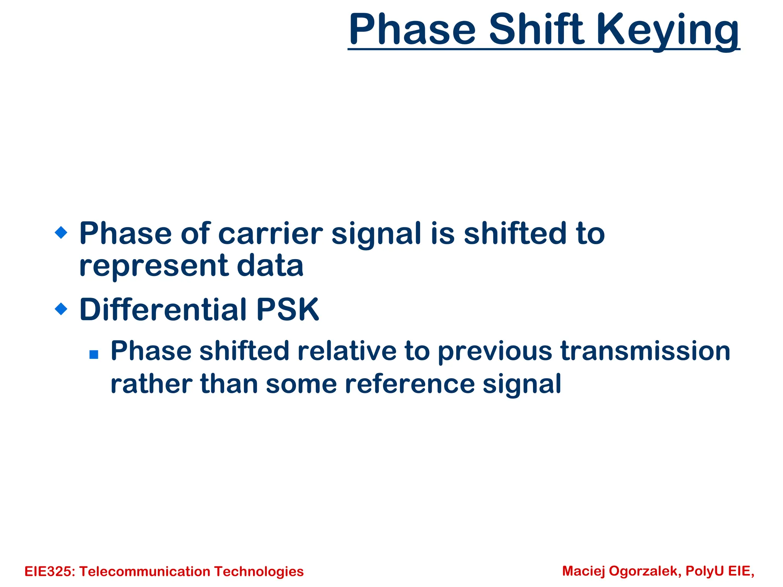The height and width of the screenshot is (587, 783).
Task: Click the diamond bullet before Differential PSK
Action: (61, 308)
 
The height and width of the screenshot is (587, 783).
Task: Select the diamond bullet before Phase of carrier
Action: (61, 232)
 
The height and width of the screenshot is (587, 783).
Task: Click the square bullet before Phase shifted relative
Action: (94, 355)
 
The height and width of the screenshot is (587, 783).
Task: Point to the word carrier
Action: (270, 234)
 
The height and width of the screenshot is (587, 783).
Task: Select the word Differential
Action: (163, 310)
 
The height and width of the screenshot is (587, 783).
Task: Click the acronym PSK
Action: (288, 310)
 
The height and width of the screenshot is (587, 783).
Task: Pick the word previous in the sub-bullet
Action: (495, 352)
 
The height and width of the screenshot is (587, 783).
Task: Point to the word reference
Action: (409, 384)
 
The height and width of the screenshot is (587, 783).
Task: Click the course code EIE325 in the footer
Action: (50, 571)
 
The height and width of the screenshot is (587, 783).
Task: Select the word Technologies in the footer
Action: (259, 571)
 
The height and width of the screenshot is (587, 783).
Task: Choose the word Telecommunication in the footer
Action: (145, 571)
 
